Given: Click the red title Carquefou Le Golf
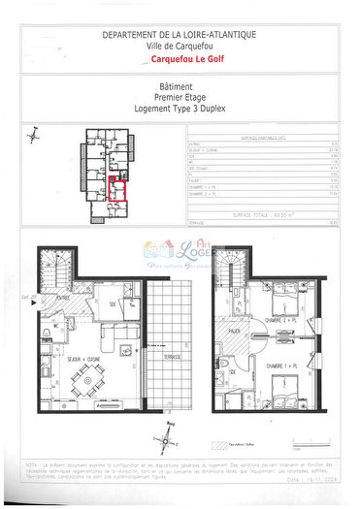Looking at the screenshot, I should pyautogui.click(x=180, y=59).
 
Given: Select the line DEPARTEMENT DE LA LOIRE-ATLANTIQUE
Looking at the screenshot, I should pyautogui.click(x=180, y=33).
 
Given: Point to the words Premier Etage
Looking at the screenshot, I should pyautogui.click(x=180, y=98).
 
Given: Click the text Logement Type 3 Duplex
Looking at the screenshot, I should pyautogui.click(x=180, y=109).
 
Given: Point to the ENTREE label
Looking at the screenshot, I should pyautogui.click(x=62, y=299).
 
